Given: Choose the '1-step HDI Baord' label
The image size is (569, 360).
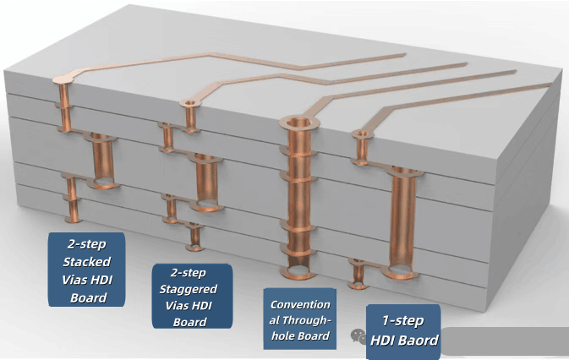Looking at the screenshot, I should (x=403, y=330).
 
